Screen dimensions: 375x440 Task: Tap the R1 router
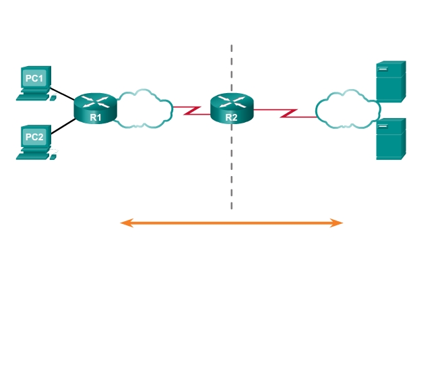pyautogui.click(x=96, y=109)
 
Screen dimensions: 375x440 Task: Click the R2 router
pyautogui.click(x=231, y=109)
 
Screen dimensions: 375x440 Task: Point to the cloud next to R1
pyautogui.click(x=143, y=107)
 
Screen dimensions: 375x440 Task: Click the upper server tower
pyautogui.click(x=391, y=81)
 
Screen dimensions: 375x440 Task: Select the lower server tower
pyautogui.click(x=391, y=139)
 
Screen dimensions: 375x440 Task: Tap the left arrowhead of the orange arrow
pyautogui.click(x=124, y=223)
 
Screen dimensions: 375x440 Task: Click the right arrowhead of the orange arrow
pyautogui.click(x=339, y=223)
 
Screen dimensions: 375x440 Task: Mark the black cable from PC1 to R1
pyautogui.click(x=63, y=94)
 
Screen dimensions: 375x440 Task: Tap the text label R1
pyautogui.click(x=96, y=117)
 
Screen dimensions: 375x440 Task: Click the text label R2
pyautogui.click(x=231, y=117)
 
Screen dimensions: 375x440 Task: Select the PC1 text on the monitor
pyautogui.click(x=34, y=78)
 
